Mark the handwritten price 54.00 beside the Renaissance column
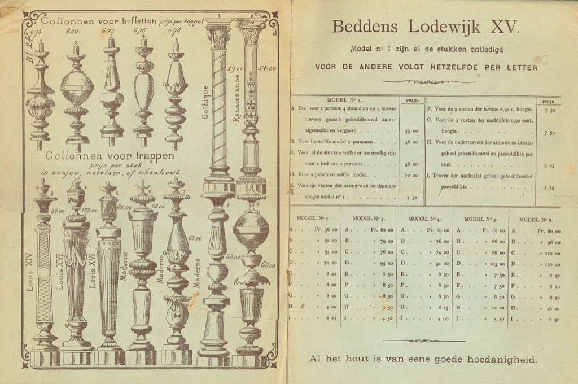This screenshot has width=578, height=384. pos(266,69)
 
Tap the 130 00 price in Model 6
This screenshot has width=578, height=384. pos(550,263)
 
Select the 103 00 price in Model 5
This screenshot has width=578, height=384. pos(494,263)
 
